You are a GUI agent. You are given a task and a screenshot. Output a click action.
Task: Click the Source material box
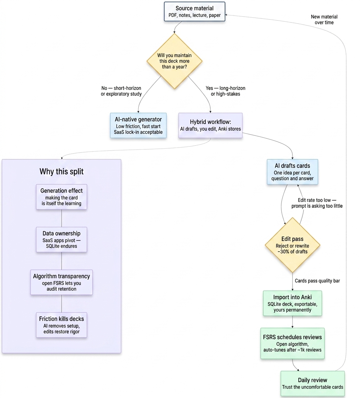tap(194, 12)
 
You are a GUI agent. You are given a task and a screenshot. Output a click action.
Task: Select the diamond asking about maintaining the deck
tap(174, 61)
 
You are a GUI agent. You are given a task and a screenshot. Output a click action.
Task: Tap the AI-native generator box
tap(138, 126)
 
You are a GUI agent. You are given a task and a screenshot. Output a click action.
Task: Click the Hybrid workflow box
tap(211, 126)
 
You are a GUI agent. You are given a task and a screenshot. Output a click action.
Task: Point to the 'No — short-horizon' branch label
tap(121, 91)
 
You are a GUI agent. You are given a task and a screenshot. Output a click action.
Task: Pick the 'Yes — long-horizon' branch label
tap(225, 91)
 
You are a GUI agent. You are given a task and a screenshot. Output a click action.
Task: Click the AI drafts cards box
tap(292, 172)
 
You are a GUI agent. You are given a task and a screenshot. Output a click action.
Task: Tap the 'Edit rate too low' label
tap(317, 203)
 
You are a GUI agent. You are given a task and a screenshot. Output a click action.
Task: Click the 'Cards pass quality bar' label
tap(317, 281)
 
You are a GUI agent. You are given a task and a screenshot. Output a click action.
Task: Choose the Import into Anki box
tap(292, 303)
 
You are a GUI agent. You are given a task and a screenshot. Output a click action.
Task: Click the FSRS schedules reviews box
tap(292, 343)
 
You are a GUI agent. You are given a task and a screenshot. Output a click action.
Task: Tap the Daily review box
tap(312, 384)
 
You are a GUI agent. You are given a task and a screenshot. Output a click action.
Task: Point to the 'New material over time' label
tap(324, 20)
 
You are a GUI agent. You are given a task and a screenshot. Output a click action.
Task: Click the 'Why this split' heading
tap(61, 172)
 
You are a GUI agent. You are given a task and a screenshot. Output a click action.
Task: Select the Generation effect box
tap(62, 197)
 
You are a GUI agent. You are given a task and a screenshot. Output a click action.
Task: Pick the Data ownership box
tap(62, 239)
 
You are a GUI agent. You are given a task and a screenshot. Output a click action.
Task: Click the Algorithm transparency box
tap(62, 282)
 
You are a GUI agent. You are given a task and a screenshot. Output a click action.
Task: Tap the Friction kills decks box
tap(62, 325)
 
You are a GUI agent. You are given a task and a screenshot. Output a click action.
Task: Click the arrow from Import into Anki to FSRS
tap(292, 322)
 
